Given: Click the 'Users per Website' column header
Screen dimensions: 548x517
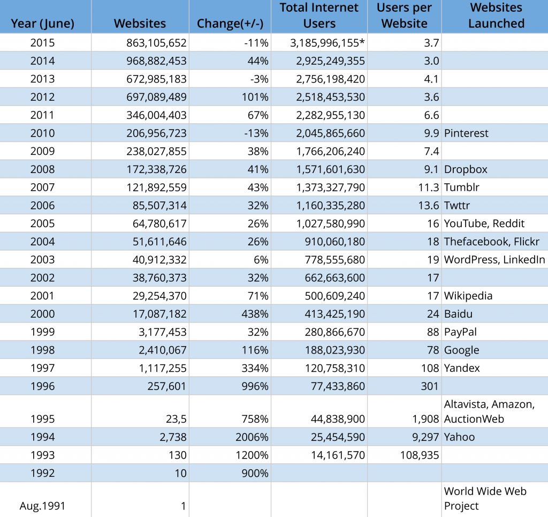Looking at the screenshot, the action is [404, 16].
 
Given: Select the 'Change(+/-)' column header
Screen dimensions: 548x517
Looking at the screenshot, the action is [230, 24].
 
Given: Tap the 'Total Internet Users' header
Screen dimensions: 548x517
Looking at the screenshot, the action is [319, 16].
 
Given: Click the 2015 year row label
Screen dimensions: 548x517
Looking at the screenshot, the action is [42, 43].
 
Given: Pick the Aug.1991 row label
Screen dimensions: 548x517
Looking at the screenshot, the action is [42, 506].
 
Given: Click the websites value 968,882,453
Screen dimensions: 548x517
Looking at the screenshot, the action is [156, 61].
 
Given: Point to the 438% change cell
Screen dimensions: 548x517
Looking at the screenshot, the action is [255, 314].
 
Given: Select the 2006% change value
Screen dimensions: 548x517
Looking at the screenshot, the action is [252, 437].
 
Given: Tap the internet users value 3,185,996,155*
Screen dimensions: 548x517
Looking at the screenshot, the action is [328, 43].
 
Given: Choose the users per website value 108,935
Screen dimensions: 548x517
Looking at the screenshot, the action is [420, 455].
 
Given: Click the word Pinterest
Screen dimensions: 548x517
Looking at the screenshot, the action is [466, 133].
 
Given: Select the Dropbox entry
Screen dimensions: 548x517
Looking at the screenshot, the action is [466, 169].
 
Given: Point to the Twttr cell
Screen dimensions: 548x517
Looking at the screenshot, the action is [457, 205].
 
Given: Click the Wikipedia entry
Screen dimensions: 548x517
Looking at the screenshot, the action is [468, 296].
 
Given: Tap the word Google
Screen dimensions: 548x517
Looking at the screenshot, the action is [461, 350].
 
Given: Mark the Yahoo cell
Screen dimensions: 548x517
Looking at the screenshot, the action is [459, 437].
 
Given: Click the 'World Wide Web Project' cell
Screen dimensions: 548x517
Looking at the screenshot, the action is [485, 498].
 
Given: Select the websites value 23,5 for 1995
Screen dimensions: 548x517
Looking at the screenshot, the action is [176, 419].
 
